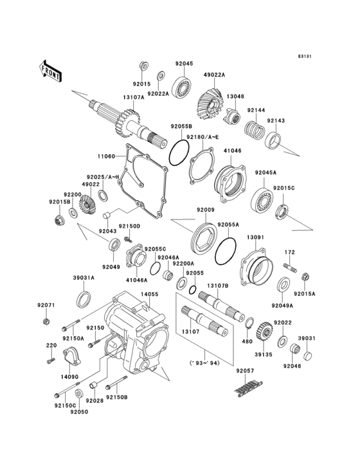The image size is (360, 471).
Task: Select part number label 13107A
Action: pos(133,98)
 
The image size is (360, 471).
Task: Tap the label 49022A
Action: pos(215,75)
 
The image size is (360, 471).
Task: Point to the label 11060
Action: pos(106,156)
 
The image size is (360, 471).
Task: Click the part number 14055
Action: pos(149,294)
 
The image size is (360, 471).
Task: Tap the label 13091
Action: pos(256,237)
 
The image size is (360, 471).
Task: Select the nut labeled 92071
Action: pos(46,321)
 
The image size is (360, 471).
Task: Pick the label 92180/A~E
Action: pos(203,136)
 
